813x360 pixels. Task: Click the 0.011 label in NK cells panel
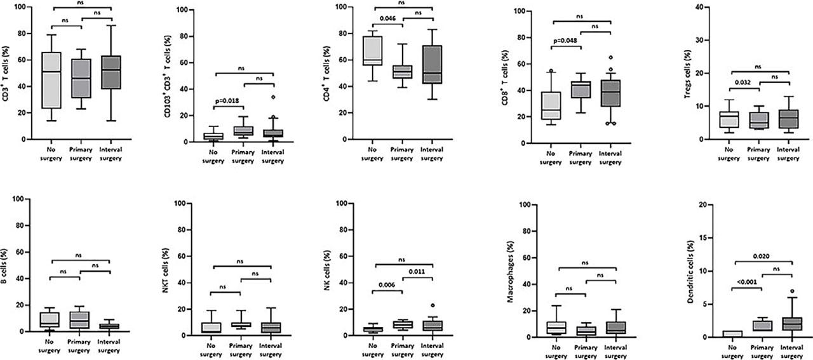416,272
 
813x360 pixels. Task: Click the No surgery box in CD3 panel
51,80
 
